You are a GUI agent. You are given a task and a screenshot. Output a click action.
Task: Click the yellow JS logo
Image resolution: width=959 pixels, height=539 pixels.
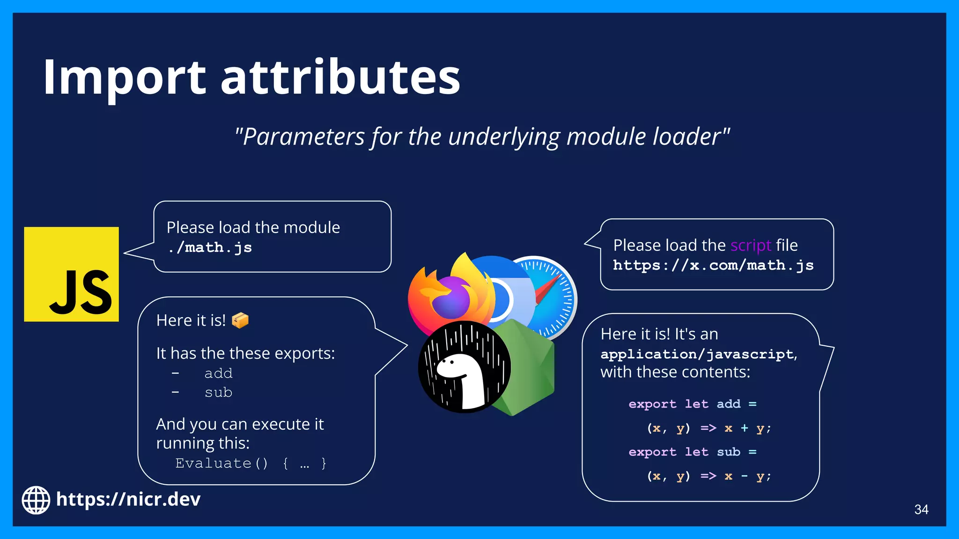[71, 274]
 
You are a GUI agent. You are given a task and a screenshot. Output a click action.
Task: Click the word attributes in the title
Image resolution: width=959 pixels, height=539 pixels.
[340, 77]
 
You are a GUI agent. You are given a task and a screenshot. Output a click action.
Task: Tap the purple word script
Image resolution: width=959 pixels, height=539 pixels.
[750, 246]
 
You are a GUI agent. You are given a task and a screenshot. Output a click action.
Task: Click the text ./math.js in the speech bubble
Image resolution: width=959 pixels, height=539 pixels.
[210, 248]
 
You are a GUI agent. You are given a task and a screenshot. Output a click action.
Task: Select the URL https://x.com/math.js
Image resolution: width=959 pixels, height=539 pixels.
[713, 265]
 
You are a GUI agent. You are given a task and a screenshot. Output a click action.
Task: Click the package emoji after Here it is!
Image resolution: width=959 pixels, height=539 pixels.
[240, 320]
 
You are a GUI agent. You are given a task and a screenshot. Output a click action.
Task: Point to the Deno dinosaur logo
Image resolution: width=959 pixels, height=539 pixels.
[464, 367]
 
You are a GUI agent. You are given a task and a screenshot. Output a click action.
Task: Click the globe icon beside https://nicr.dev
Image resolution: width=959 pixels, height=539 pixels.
[36, 500]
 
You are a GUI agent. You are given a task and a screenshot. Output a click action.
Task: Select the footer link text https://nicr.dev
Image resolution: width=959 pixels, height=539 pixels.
[128, 500]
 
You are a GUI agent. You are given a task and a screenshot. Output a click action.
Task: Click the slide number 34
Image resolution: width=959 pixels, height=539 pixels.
[921, 510]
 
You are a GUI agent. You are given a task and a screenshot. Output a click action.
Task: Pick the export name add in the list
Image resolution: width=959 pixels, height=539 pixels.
[218, 373]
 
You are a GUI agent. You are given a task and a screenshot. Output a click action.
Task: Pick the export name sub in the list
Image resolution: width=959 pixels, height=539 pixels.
[218, 393]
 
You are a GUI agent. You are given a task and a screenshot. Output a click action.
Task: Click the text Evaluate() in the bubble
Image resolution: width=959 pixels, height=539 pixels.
[221, 463]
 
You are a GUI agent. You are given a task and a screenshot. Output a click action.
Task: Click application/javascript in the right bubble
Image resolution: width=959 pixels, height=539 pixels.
[697, 354]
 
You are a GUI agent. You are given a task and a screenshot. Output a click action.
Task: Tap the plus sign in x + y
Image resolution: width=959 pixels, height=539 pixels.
[744, 428]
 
